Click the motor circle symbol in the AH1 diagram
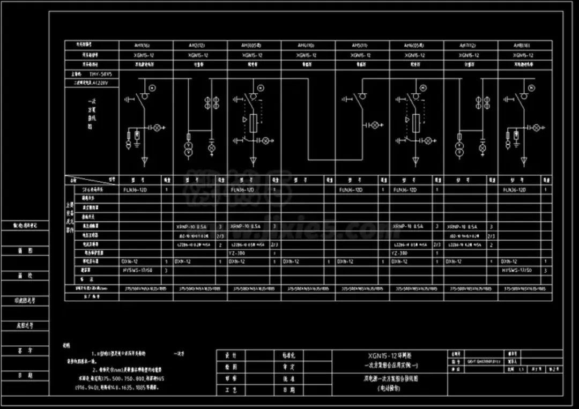point(152,87)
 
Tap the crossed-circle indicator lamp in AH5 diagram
point(375,125)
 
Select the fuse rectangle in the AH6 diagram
point(415,120)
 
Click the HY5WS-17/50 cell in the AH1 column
point(138,270)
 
